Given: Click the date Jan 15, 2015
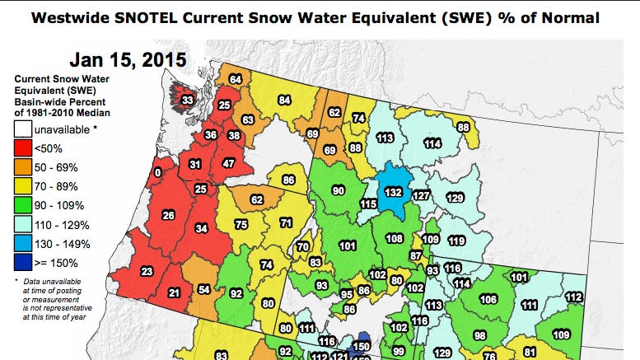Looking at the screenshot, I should click(128, 59).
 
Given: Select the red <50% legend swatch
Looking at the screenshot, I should click(24, 148).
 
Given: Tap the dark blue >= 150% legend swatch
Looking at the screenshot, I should click(24, 263).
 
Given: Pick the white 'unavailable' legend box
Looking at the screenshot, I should click(24, 129).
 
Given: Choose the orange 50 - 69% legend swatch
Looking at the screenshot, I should click(24, 167).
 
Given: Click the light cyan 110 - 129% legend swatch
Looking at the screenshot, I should click(24, 225).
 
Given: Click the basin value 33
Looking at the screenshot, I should click(188, 101).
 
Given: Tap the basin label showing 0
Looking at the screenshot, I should click(157, 173).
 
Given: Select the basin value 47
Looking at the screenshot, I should click(229, 164).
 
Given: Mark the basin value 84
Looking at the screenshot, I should click(284, 101).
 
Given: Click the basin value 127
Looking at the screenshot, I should click(421, 195).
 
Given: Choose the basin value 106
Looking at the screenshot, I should click(488, 299).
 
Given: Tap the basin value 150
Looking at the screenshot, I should click(360, 347).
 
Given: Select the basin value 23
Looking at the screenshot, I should click(147, 272).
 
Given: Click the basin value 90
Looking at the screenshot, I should click(338, 191).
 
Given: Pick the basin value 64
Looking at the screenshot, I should click(235, 79).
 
